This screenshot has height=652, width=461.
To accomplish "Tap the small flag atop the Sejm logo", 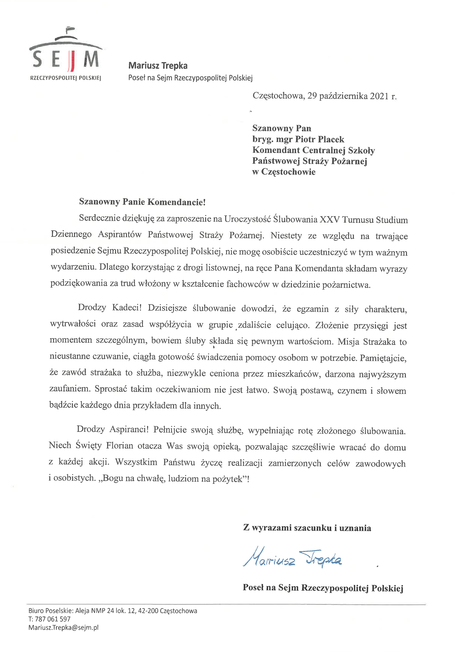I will [70, 29].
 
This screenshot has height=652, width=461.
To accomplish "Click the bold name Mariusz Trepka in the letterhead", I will [158, 66].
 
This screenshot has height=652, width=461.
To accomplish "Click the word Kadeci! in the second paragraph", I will [127, 308].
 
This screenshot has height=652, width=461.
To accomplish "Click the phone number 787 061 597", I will [53, 619].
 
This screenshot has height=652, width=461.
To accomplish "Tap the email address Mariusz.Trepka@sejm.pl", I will [63, 628].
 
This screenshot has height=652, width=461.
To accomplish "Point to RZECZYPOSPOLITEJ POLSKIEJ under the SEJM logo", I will [66, 78].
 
